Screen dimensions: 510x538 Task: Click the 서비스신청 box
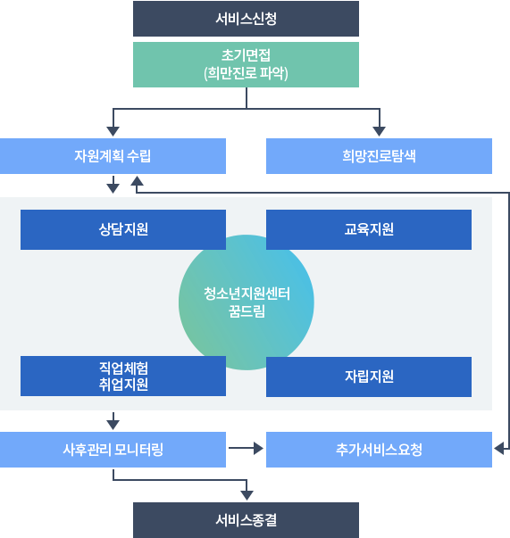click(x=246, y=19)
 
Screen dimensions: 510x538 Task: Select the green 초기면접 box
click(x=246, y=64)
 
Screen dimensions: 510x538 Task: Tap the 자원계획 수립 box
click(x=113, y=156)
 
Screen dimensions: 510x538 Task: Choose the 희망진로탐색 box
click(x=379, y=156)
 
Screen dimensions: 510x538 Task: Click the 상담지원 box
click(x=123, y=229)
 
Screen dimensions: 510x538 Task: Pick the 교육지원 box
click(x=369, y=229)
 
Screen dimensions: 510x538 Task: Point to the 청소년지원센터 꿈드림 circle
click(x=246, y=302)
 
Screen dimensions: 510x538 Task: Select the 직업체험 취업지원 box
click(x=123, y=376)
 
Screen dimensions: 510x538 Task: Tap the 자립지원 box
click(x=369, y=377)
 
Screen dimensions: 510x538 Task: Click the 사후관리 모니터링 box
click(x=113, y=450)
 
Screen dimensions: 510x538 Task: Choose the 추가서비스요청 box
click(x=379, y=450)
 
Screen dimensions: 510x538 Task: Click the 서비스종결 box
click(x=246, y=520)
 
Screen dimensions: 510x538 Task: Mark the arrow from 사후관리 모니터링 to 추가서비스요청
click(x=246, y=448)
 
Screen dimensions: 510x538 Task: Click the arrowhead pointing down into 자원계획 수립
click(x=113, y=131)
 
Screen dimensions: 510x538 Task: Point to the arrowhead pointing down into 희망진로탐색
click(x=380, y=131)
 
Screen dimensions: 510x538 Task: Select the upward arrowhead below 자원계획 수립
click(x=137, y=181)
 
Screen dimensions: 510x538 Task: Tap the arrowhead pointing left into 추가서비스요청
click(x=498, y=448)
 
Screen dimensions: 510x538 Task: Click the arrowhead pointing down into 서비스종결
click(x=247, y=495)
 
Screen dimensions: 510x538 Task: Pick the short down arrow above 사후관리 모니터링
click(x=113, y=421)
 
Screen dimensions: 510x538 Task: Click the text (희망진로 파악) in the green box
click(x=246, y=73)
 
